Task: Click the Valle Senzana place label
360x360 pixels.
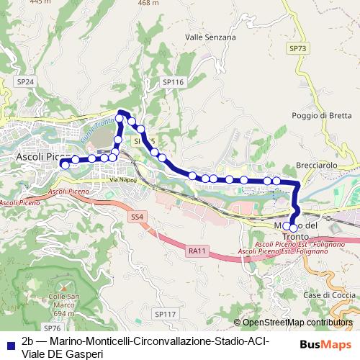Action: pos(210,37)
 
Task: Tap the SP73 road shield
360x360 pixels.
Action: pos(297,48)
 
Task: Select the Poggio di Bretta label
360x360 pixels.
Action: pos(322,115)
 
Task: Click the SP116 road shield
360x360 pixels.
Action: pos(174,83)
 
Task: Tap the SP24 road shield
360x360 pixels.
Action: pos(25,82)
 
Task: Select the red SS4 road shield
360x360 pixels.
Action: pos(138,216)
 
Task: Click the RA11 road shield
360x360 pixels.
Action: pos(196,251)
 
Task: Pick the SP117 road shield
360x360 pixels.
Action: pos(165,314)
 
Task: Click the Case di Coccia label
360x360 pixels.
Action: pos(327,295)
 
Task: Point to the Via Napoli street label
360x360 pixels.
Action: pos(123,179)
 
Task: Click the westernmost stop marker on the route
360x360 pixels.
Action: pos(65,164)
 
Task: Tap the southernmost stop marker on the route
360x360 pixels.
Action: pos(293,228)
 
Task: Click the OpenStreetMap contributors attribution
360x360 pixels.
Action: pos(293,323)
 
